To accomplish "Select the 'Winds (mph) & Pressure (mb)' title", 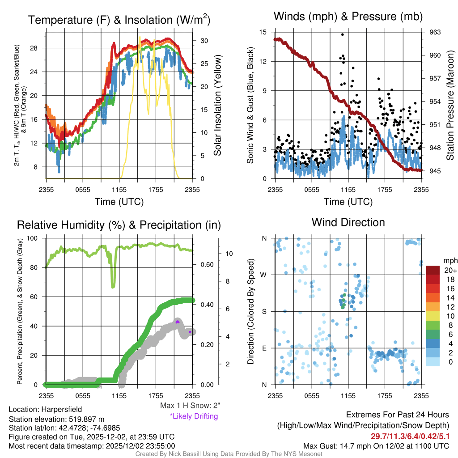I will (x=348, y=17).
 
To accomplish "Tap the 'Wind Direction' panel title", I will (x=348, y=222).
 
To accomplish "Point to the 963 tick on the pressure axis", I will (x=435, y=32).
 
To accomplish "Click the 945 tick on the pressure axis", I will (x=435, y=171).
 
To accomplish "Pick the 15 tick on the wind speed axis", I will (x=263, y=32).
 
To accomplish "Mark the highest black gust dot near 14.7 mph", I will (x=343, y=34).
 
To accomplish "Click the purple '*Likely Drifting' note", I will (x=194, y=416).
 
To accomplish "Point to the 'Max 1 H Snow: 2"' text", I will (x=190, y=406).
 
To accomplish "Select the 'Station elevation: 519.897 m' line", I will (x=56, y=419).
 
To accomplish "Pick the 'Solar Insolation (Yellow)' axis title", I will (x=218, y=105).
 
